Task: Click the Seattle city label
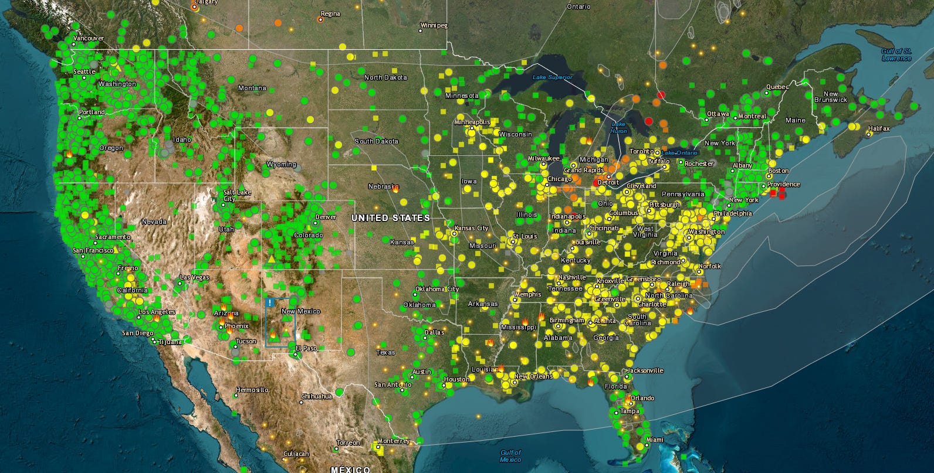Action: tap(84, 72)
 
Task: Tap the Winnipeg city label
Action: tap(434, 26)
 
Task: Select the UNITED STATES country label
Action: tap(390, 218)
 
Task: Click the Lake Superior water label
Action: tap(552, 77)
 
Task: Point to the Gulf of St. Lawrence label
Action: tap(896, 55)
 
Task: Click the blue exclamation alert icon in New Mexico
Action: tap(270, 302)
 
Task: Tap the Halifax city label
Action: tap(878, 128)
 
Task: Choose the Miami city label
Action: tap(654, 440)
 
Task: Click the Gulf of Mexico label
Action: tap(510, 456)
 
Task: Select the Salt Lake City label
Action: tap(237, 195)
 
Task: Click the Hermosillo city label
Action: tap(252, 390)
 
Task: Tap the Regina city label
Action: tap(330, 14)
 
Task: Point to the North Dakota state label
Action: tap(385, 77)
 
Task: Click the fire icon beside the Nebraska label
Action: tap(396, 189)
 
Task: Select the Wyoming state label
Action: tap(282, 165)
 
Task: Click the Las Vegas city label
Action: tap(194, 277)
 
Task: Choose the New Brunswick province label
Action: tap(831, 97)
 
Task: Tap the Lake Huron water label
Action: tap(618, 128)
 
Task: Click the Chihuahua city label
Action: tap(317, 396)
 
